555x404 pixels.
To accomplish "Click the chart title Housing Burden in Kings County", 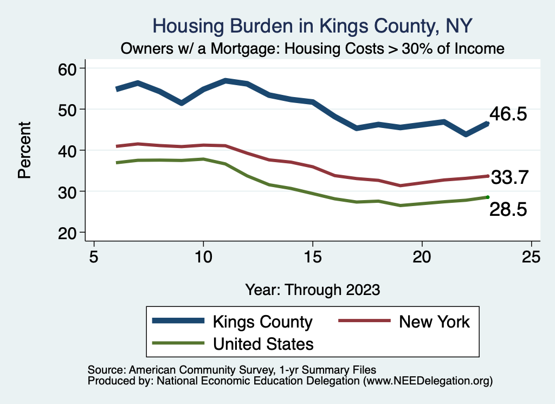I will (x=313, y=25).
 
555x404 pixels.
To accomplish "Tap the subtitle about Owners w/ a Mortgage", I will (x=313, y=48).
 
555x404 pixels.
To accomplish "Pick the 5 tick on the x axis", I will (x=94, y=256).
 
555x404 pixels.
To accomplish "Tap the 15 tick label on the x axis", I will (x=312, y=256).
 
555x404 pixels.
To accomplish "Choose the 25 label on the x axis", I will (x=531, y=256).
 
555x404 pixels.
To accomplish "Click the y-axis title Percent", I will (x=24, y=150).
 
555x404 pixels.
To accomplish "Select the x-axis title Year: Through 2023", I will (x=312, y=289).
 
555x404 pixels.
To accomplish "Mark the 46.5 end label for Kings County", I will (x=508, y=114).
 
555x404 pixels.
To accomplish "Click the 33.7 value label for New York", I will (x=509, y=177).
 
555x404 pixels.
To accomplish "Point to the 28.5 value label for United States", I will (x=508, y=210).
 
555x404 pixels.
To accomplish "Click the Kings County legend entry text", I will (x=263, y=322).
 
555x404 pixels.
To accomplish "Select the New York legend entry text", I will (x=434, y=322).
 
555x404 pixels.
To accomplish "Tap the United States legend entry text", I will (x=263, y=344).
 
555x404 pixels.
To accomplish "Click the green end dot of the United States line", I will (x=488, y=197).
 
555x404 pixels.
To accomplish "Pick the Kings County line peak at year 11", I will (x=225, y=81).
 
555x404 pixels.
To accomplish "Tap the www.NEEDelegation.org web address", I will (x=428, y=381).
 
